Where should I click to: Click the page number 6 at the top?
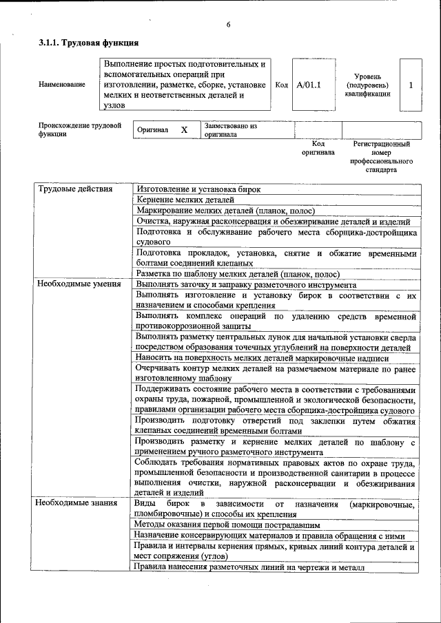click(229, 25)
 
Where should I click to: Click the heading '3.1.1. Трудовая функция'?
click(84, 43)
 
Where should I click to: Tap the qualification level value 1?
click(411, 85)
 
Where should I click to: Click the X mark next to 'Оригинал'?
click(184, 129)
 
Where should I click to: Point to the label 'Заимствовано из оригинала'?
click(230, 130)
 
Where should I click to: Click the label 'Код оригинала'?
click(318, 148)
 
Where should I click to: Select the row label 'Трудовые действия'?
click(67, 189)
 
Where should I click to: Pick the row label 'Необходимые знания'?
click(68, 503)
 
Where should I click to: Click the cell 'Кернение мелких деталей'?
click(181, 200)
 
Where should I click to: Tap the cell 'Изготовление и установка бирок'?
click(198, 189)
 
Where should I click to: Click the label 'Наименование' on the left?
click(62, 85)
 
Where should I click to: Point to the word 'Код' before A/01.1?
click(281, 85)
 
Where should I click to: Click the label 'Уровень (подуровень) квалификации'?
click(367, 85)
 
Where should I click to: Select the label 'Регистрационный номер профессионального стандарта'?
click(381, 157)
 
